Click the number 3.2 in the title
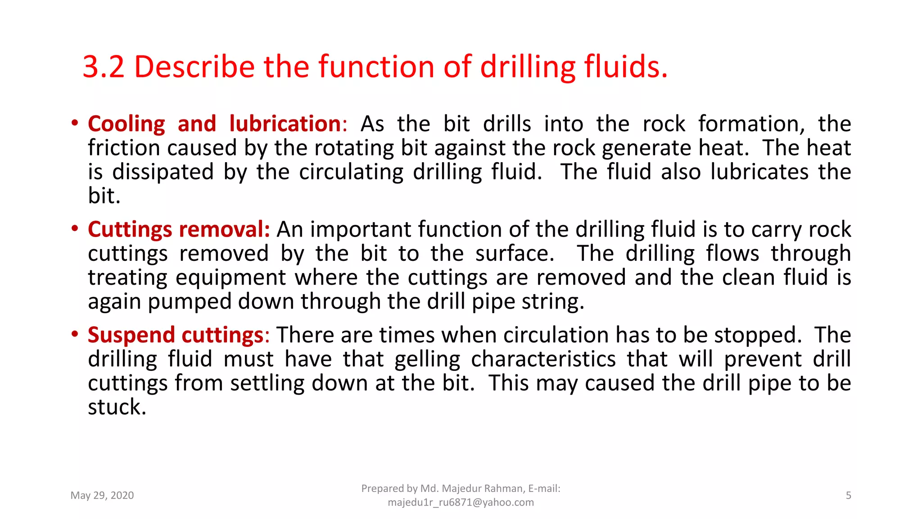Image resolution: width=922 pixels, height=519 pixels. pos(103,67)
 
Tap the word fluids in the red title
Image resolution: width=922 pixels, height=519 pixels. pos(626,67)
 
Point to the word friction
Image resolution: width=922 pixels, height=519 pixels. pos(124,148)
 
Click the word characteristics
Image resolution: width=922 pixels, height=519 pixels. pos(543,359)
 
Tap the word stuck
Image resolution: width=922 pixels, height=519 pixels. pos(117,407)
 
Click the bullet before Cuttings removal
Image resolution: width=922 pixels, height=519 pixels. pos(75,228)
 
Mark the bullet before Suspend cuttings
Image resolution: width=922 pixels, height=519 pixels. pos(75,334)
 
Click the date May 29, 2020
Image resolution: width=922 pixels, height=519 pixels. pos(102,496)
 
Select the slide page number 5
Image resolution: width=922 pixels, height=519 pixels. pos(848,496)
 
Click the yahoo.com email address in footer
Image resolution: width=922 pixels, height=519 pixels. pos(461,502)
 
